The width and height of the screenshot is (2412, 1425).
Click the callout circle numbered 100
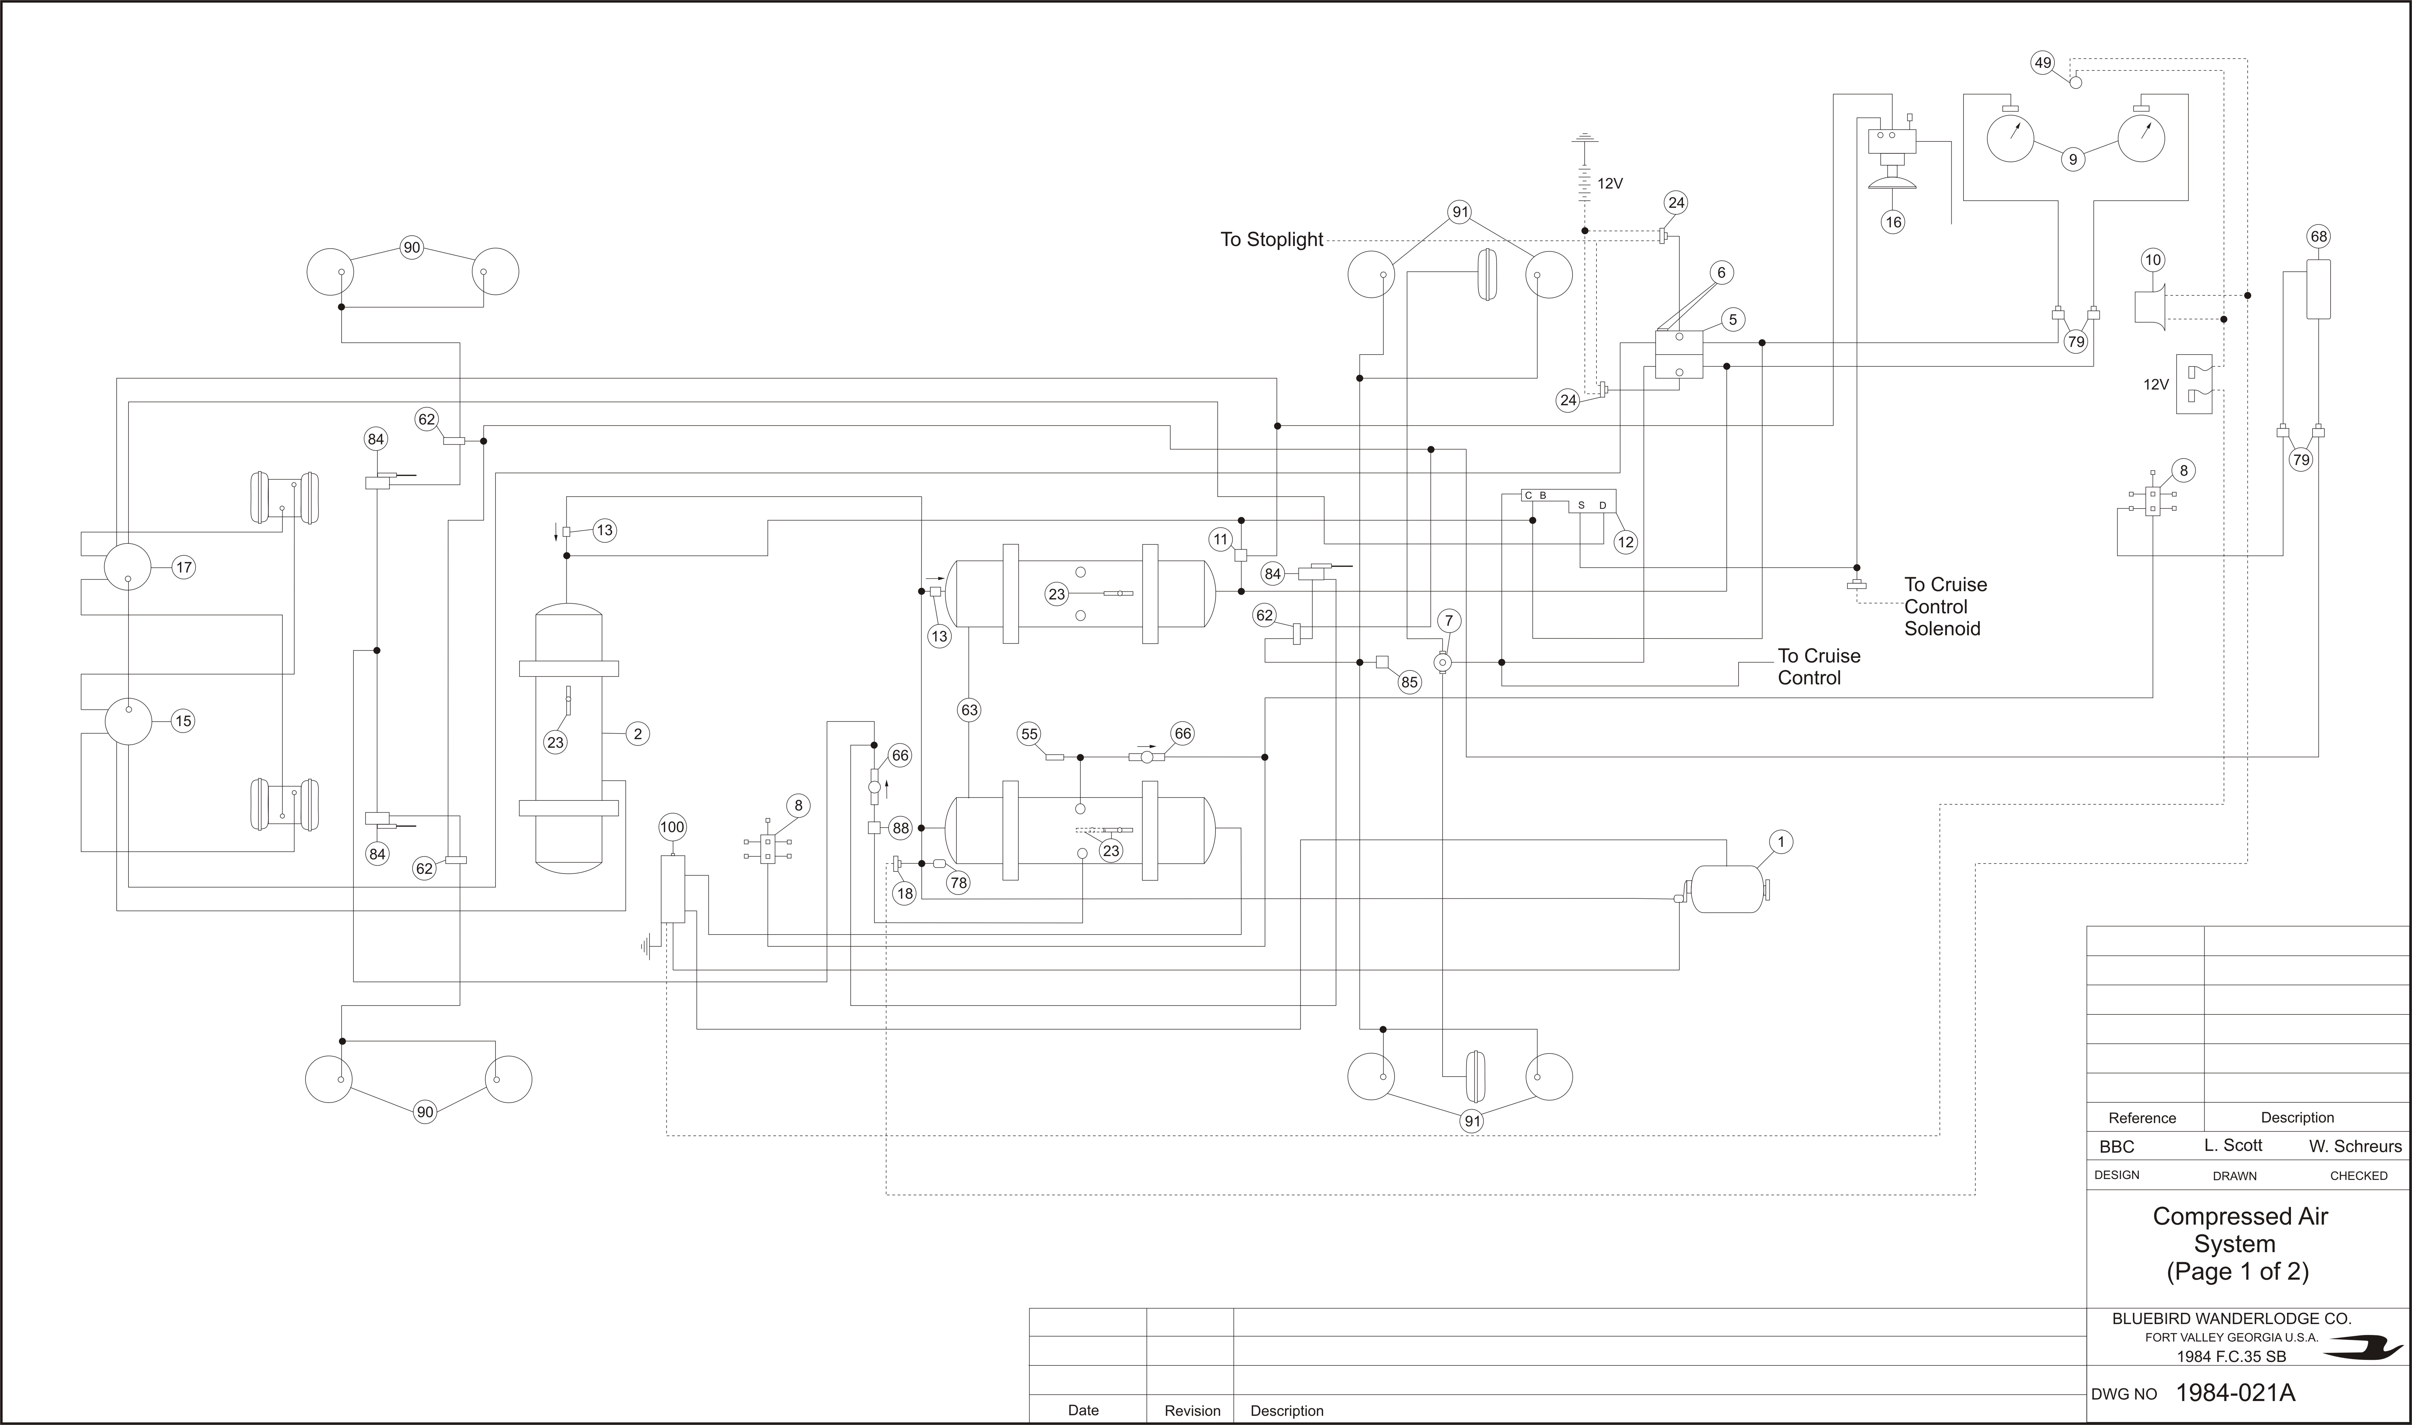pyautogui.click(x=672, y=827)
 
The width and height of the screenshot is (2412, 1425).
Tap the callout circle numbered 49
pyautogui.click(x=2042, y=62)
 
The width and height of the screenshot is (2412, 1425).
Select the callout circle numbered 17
pyautogui.click(x=184, y=567)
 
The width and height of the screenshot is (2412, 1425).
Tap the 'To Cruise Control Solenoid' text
pyautogui.click(x=1945, y=607)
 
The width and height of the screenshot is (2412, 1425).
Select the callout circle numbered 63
pyautogui.click(x=969, y=710)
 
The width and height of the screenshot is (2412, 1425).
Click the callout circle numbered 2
pyautogui.click(x=638, y=734)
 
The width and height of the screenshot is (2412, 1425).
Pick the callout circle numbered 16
pyautogui.click(x=1892, y=222)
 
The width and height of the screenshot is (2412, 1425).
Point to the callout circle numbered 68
pyautogui.click(x=2319, y=236)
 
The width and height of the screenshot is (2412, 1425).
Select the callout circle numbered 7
pyautogui.click(x=1449, y=620)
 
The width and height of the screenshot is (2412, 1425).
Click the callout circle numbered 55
pyautogui.click(x=1029, y=735)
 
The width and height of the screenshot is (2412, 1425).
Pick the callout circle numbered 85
pyautogui.click(x=1408, y=683)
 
